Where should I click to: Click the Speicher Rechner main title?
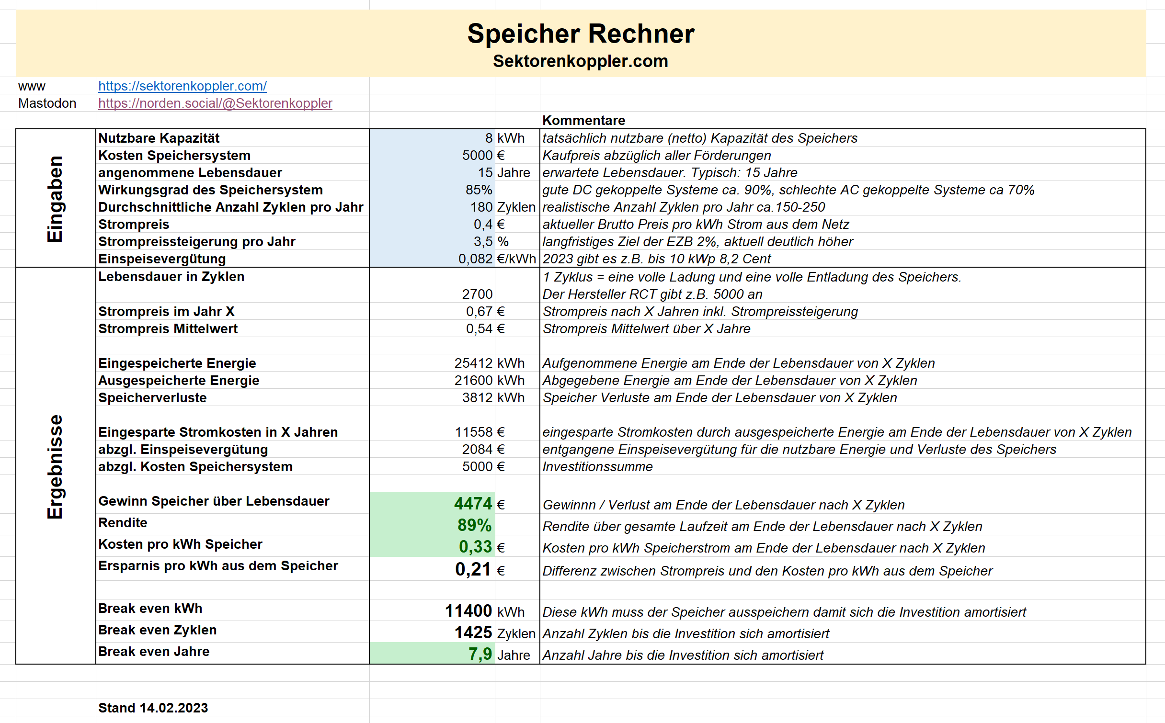click(581, 34)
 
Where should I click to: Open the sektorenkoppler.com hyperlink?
click(182, 86)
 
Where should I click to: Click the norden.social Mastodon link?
click(215, 103)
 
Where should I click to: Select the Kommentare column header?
click(583, 121)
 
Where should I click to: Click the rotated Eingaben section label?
click(55, 198)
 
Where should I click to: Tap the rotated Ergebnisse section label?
click(55, 466)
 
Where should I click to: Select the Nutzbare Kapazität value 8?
click(488, 138)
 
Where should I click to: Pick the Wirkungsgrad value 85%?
click(479, 190)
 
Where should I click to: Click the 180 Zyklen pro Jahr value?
click(481, 207)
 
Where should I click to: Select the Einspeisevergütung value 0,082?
click(475, 259)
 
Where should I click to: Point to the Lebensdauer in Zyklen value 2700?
click(477, 294)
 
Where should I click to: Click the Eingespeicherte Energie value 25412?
click(473, 363)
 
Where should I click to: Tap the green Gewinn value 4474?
click(473, 504)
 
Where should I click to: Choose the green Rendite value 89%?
click(474, 525)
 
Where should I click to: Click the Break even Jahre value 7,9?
click(480, 654)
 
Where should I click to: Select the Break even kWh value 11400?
click(468, 611)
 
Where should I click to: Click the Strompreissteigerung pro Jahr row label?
click(196, 242)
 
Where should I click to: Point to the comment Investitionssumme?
click(597, 467)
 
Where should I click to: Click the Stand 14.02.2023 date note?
click(153, 708)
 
